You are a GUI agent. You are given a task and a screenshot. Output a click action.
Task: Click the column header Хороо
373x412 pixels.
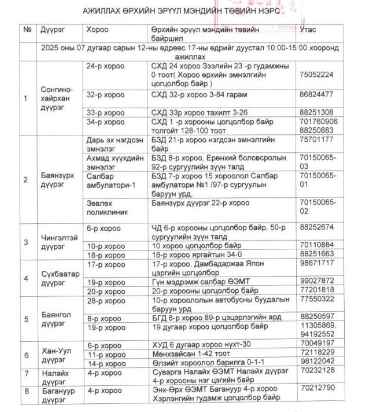click(x=97, y=29)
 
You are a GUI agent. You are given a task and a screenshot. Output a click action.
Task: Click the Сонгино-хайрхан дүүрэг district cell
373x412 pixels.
click(x=57, y=98)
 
